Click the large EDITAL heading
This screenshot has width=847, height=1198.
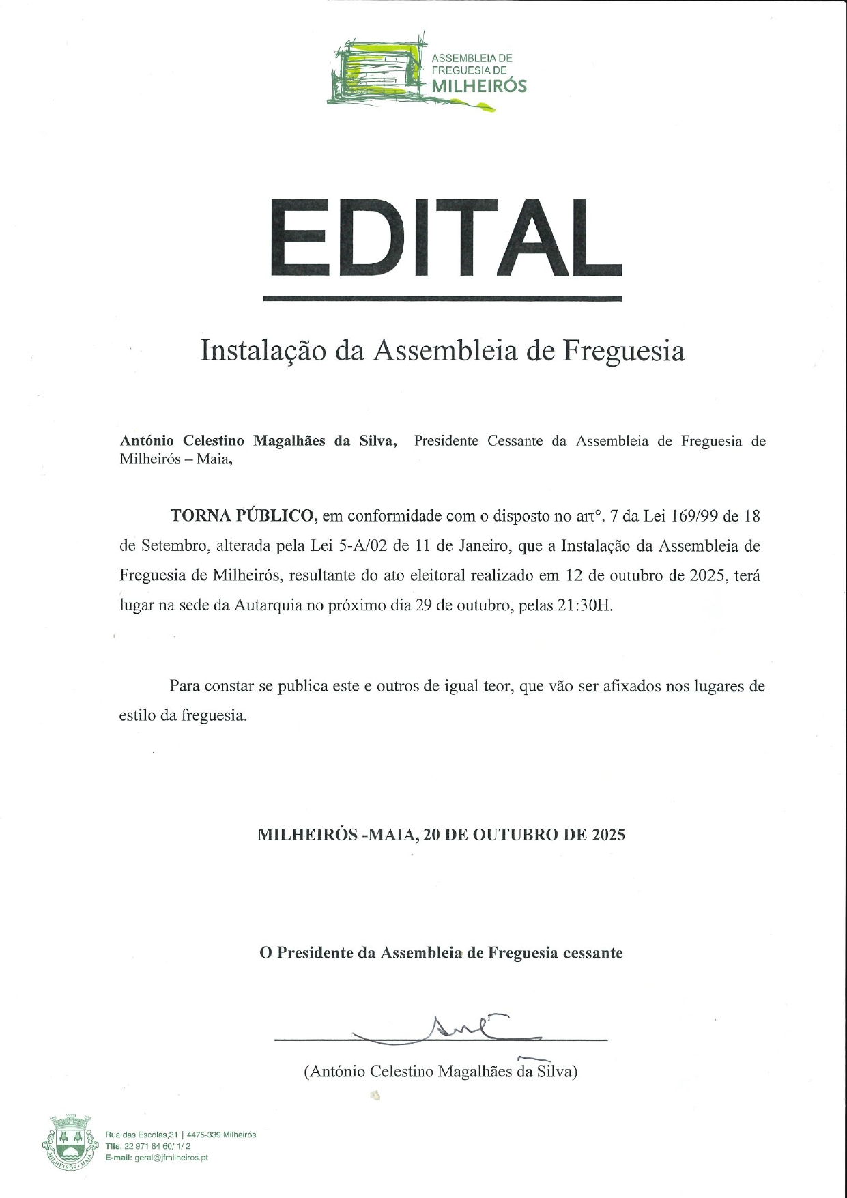coord(442,238)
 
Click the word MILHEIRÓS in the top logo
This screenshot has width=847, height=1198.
coord(479,86)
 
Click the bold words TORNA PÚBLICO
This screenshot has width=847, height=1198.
coord(243,515)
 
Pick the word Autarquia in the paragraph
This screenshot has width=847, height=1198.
coord(268,605)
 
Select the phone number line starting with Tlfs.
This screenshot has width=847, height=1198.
coord(148,1146)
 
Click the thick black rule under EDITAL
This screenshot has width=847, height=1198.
coord(442,298)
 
